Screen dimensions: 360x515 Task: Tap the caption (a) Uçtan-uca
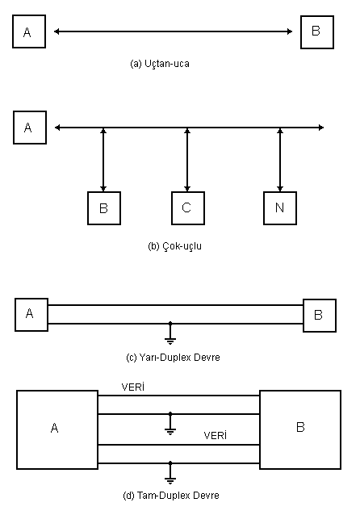click(160, 64)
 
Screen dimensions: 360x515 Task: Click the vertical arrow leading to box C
click(187, 160)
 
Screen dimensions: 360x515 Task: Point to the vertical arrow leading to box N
click(280, 160)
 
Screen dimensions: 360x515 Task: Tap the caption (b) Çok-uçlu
click(174, 246)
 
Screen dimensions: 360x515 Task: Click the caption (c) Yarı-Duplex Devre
click(173, 358)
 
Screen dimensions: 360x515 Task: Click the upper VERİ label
click(133, 387)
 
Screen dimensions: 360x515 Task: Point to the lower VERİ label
click(216, 436)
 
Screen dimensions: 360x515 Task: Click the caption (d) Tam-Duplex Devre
click(171, 496)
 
